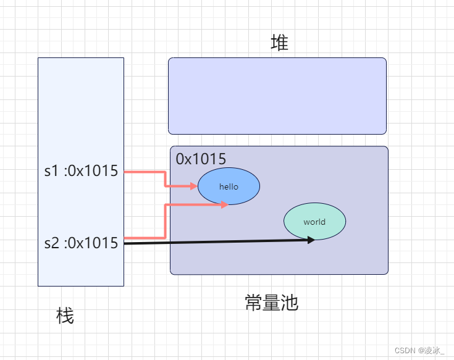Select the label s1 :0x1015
(x=81, y=171)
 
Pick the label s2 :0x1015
(x=81, y=243)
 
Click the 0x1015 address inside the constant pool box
(x=201, y=159)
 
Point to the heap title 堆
(x=279, y=43)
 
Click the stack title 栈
(x=65, y=317)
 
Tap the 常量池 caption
(x=272, y=303)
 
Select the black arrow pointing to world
(x=216, y=242)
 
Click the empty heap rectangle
(x=277, y=96)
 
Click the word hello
(x=229, y=186)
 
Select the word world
(x=314, y=222)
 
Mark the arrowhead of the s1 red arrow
(x=195, y=185)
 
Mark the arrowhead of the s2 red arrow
(x=225, y=204)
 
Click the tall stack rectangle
(x=81, y=111)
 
